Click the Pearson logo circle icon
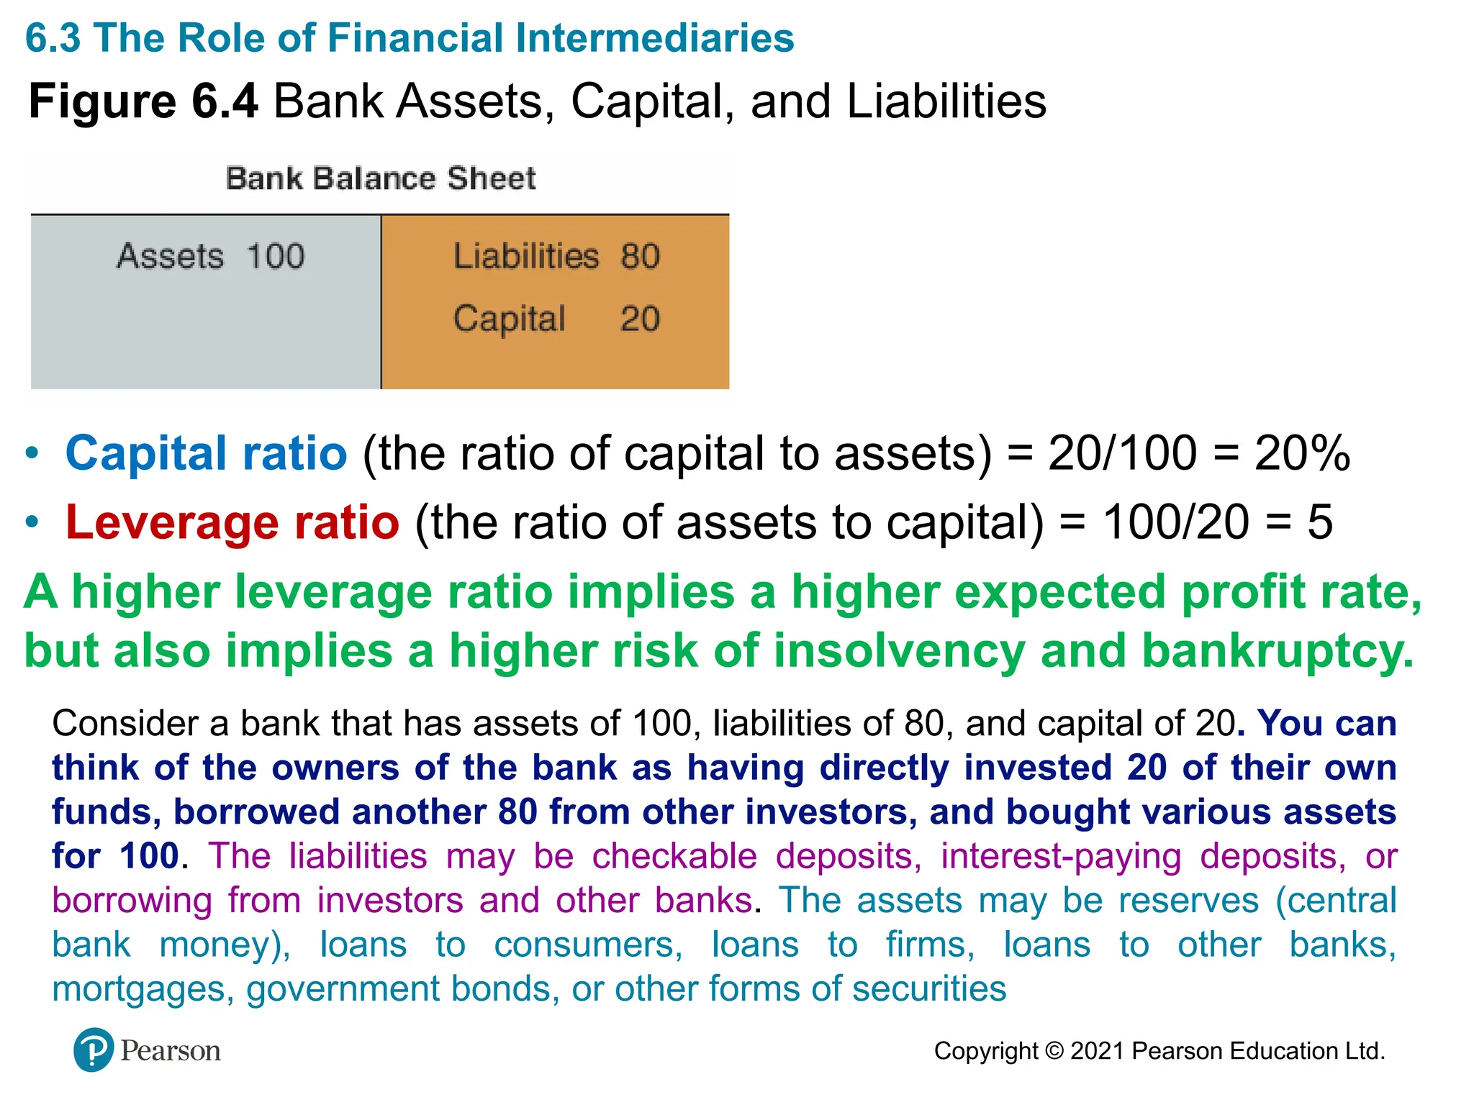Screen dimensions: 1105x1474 [x=93, y=1050]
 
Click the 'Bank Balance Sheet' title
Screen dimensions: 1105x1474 [x=381, y=178]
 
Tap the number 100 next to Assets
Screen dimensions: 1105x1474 [x=276, y=256]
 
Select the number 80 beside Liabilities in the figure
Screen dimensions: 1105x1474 [x=641, y=256]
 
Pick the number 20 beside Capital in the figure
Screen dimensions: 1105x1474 [x=640, y=319]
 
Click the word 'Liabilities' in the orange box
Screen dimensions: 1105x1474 [x=526, y=256]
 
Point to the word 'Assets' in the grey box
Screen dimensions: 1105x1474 [x=171, y=256]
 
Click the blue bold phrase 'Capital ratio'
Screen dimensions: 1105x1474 [x=207, y=454]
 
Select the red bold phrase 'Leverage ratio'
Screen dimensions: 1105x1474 [x=232, y=522]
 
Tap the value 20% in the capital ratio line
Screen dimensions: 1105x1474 [x=1302, y=454]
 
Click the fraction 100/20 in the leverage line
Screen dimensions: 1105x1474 [x=1176, y=522]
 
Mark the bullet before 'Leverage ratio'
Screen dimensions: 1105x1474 [x=32, y=522]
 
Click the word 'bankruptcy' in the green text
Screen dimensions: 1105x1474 [x=1278, y=651]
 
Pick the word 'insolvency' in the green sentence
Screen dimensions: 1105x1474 [x=899, y=651]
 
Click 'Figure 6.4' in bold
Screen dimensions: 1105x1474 [x=143, y=101]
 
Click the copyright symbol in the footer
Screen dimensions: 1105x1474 [x=1054, y=1051]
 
